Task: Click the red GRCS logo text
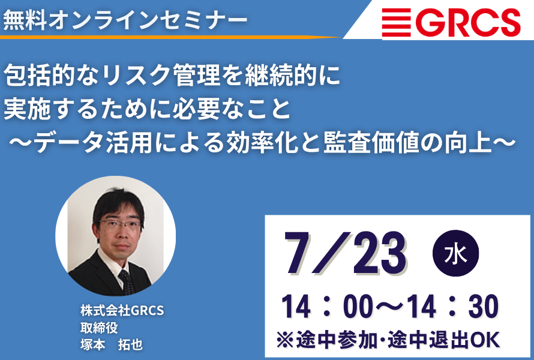tap(467, 22)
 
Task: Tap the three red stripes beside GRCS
tap(396, 22)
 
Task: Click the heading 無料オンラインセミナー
tap(125, 20)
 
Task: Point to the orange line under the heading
tap(170, 37)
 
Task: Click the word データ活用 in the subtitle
tap(92, 142)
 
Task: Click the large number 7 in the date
tap(299, 253)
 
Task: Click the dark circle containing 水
tap(455, 253)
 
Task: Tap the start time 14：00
tap(328, 308)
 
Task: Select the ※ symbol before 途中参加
tap(286, 340)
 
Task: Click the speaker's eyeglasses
tap(120, 225)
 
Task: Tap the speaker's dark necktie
tap(127, 281)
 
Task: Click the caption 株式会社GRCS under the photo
tap(122, 311)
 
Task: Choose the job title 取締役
tap(99, 328)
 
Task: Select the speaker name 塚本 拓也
tap(112, 345)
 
